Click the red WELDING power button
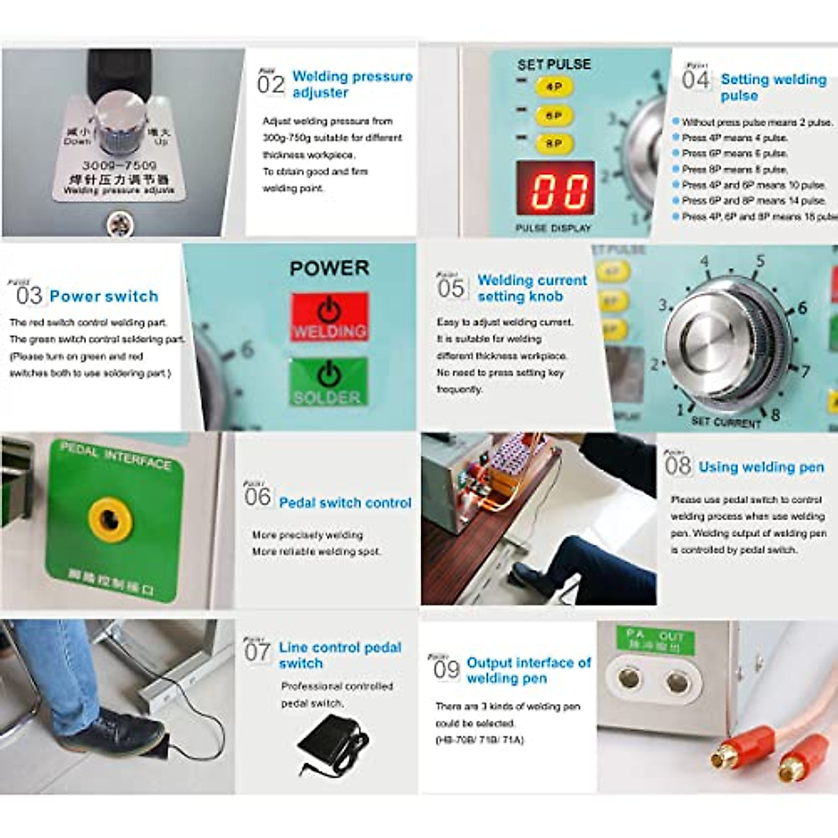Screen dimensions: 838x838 [x=329, y=318]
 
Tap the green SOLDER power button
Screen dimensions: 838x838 [x=328, y=382]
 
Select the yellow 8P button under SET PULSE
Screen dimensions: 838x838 [x=554, y=144]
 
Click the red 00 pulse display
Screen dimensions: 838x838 [x=556, y=189]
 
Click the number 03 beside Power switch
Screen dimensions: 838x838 [x=29, y=296]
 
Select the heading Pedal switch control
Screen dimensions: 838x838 [x=345, y=503]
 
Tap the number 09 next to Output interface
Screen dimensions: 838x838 [x=446, y=670]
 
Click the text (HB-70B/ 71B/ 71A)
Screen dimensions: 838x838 [x=479, y=740]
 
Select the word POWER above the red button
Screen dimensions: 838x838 [x=329, y=268]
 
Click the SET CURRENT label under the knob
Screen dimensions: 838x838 [x=726, y=422]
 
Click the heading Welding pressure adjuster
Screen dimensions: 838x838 [x=352, y=84]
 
